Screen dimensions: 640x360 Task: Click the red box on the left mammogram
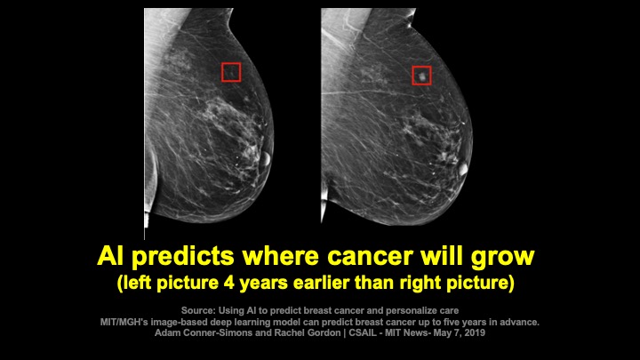click(x=222, y=72)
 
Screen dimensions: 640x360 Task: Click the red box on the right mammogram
click(x=412, y=76)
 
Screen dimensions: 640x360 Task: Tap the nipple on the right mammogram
click(x=463, y=169)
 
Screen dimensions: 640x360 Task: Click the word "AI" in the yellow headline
click(x=110, y=256)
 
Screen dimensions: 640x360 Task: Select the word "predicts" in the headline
click(x=183, y=257)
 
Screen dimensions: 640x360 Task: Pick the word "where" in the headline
click(x=280, y=256)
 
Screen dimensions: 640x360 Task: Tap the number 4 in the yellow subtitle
click(x=229, y=283)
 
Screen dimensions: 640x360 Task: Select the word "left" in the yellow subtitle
click(x=137, y=283)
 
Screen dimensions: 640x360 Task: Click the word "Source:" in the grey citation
click(x=198, y=311)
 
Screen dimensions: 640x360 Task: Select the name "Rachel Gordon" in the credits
click(x=308, y=332)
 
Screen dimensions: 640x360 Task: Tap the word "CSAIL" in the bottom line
click(x=363, y=332)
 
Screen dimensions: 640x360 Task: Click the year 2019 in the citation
click(x=475, y=332)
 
